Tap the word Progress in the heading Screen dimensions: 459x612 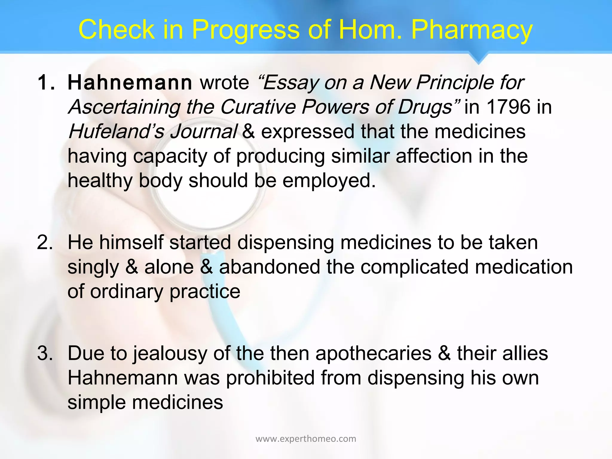pyautogui.click(x=245, y=30)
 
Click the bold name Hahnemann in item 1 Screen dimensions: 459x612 pyautogui.click(x=130, y=82)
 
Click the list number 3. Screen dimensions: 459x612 pyautogui.click(x=45, y=353)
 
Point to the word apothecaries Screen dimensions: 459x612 pyautogui.click(x=374, y=353)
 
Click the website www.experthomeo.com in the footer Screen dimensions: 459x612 pyautogui.click(x=306, y=439)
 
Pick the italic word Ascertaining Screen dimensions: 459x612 pyautogui.click(x=124, y=107)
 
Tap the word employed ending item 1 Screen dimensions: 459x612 pyautogui.click(x=329, y=181)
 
